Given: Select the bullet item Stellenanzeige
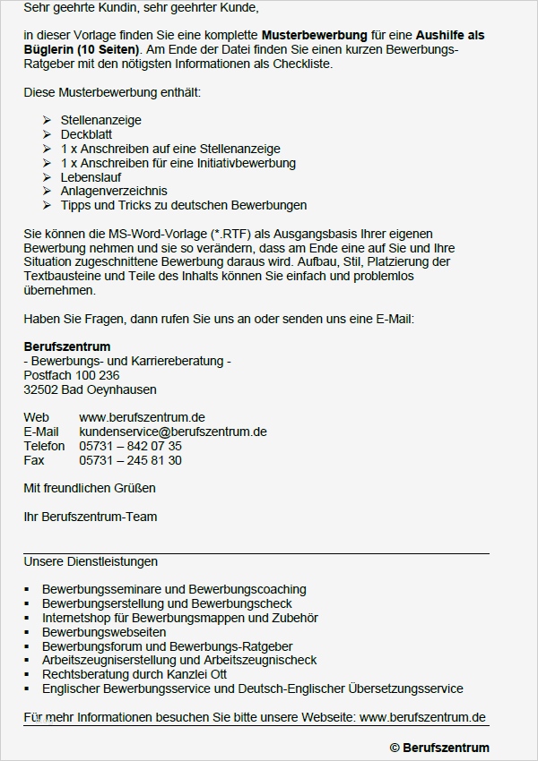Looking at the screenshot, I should [100, 120].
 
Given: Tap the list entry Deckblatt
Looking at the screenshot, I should [86, 134].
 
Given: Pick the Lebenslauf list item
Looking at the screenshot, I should [91, 177].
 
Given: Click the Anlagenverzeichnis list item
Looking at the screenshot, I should [114, 191].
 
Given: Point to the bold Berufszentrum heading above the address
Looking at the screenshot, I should [67, 346].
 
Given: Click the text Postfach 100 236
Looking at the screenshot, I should [71, 375].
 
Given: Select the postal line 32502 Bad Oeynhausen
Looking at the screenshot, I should [90, 389].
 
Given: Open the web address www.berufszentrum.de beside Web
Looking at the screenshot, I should [142, 417].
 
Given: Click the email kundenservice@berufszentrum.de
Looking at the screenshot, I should [172, 432].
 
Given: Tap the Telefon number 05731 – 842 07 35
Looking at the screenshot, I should [130, 446].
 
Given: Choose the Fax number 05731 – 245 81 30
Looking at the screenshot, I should [130, 460].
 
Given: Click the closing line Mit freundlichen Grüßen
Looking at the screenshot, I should [90, 488].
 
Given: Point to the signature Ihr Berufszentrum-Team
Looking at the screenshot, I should [90, 517].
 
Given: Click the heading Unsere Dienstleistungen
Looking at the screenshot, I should [91, 561].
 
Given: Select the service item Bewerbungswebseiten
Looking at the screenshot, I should [103, 632].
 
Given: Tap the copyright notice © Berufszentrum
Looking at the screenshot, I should [439, 748].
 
